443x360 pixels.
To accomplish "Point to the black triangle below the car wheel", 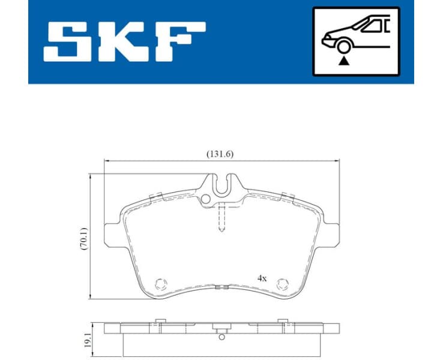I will click(x=344, y=61).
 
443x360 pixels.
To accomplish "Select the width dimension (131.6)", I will click(x=220, y=154).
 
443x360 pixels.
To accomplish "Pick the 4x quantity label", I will click(x=262, y=278).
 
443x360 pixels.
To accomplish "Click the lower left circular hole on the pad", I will click(x=160, y=284).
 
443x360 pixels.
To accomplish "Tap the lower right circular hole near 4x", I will click(x=283, y=284).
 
